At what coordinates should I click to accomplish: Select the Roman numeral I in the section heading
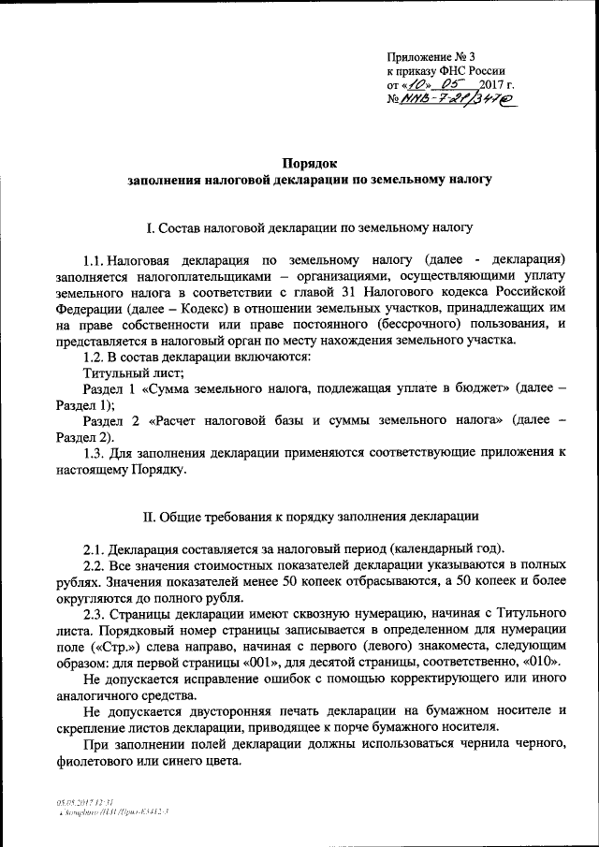[151, 227]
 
